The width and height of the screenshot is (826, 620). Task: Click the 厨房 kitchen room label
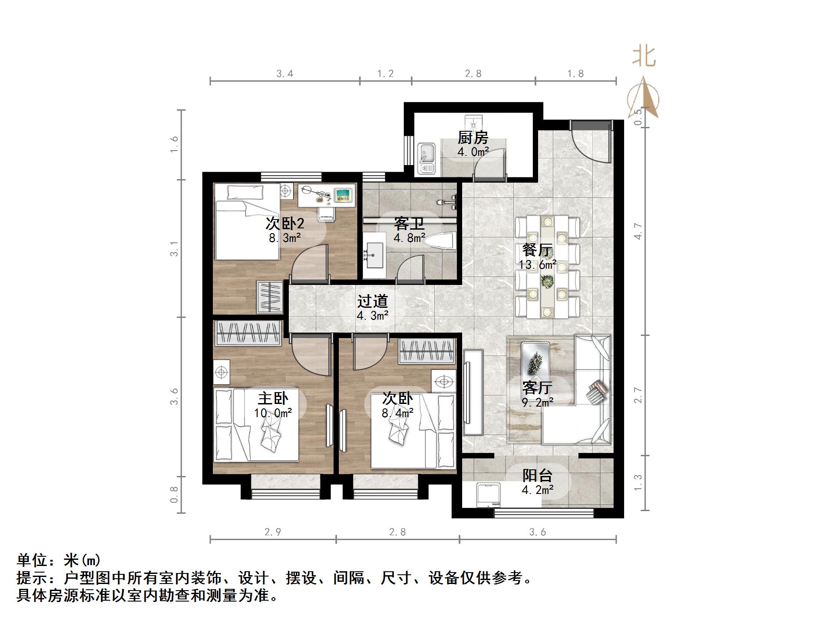[x=473, y=138]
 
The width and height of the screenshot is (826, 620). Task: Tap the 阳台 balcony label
[x=537, y=476]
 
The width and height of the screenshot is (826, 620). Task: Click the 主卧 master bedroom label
[x=273, y=398]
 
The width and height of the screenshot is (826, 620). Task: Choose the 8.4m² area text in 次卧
[x=398, y=413]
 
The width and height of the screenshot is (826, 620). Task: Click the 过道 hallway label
[x=372, y=301]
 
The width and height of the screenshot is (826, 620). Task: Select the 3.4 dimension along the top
[x=285, y=74]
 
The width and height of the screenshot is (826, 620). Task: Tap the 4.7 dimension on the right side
[x=638, y=231]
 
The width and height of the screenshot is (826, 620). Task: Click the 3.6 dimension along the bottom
[x=537, y=532]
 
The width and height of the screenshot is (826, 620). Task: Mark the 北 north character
[x=644, y=57]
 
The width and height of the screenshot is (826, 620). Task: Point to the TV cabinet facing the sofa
[x=473, y=392]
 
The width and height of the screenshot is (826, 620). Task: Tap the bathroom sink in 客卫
[x=373, y=256]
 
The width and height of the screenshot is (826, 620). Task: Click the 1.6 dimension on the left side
[x=174, y=144]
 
